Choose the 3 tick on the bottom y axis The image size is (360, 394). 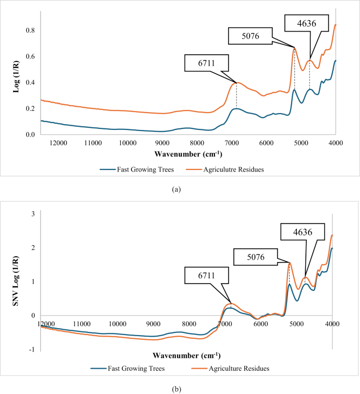coord(32,214)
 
